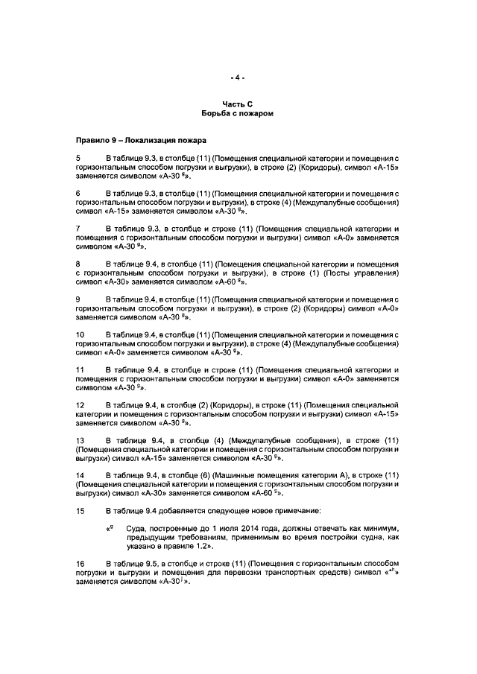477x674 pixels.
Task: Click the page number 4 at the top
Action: [x=238, y=77]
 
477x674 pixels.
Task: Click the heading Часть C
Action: [x=238, y=105]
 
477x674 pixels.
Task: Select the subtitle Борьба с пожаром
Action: [x=238, y=115]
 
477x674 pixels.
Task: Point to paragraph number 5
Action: [x=78, y=159]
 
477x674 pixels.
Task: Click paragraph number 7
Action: [x=78, y=227]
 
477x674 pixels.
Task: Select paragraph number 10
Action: [x=80, y=334]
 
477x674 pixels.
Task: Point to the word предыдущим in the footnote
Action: [x=145, y=536]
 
